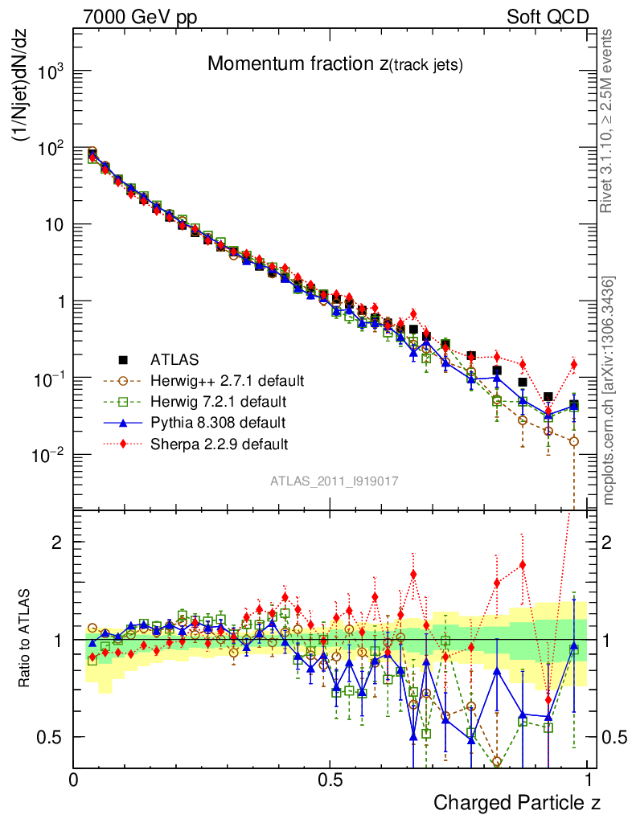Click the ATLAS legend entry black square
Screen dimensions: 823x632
tap(124, 359)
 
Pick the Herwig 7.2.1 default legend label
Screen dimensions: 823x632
tap(218, 401)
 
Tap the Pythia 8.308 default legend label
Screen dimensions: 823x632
tap(218, 422)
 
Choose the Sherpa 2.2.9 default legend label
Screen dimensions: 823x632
tap(219, 443)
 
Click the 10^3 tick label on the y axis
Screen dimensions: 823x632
tap(47, 72)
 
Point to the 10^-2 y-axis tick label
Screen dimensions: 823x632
tap(47, 456)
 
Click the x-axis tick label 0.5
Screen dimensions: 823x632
tap(330, 780)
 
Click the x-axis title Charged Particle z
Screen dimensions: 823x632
tap(517, 803)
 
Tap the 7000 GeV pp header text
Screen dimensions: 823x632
tap(141, 17)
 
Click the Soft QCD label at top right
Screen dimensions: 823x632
tap(548, 17)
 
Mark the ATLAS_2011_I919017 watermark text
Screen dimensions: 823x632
tap(334, 481)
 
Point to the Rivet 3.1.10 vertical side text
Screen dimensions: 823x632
tap(609, 121)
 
